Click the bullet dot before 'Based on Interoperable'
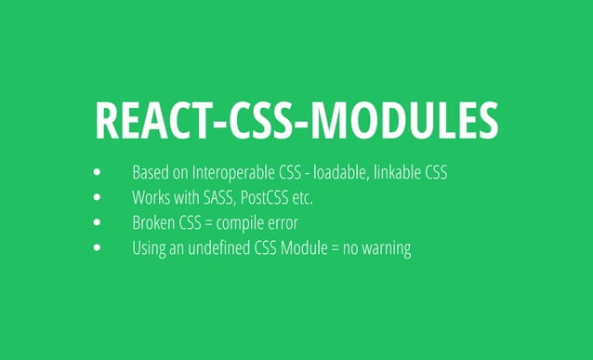click(x=98, y=173)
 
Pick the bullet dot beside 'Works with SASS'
click(x=98, y=198)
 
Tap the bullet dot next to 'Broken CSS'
click(x=98, y=223)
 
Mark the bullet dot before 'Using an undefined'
click(x=98, y=249)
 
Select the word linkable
click(x=401, y=173)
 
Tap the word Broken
click(x=153, y=223)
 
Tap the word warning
click(x=388, y=249)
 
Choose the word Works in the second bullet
click(x=152, y=198)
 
